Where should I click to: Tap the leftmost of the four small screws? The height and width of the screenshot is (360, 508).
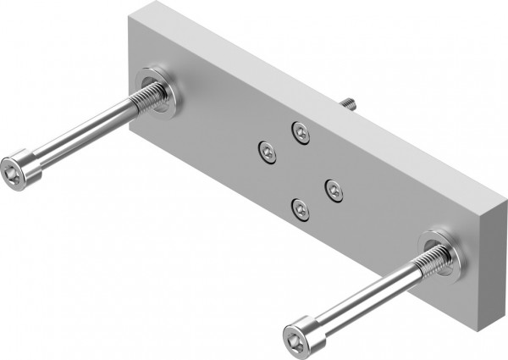268,152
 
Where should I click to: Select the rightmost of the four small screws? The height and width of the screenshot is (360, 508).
334,191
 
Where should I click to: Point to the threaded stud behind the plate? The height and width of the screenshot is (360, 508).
347,102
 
